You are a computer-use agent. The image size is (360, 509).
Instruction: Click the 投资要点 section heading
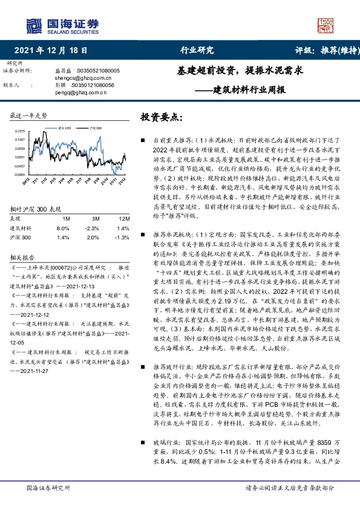click(160, 117)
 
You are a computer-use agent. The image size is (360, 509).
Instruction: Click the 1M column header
click(66, 218)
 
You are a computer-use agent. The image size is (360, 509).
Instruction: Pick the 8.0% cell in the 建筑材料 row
click(63, 229)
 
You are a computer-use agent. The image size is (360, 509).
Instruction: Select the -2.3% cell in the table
click(93, 229)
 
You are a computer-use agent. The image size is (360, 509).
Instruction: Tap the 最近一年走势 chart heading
click(28, 115)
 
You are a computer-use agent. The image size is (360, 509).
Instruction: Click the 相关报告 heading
click(23, 258)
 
